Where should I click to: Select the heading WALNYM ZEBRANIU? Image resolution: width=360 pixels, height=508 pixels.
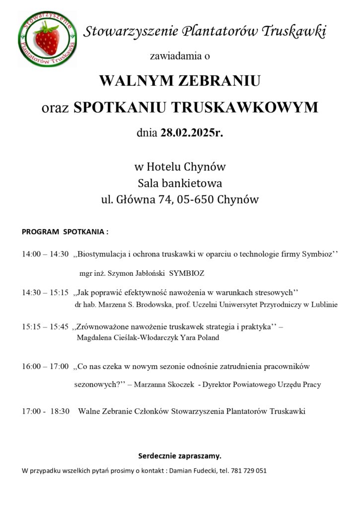(x=180, y=81)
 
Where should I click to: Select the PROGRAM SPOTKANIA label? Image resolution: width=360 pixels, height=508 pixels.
(x=65, y=232)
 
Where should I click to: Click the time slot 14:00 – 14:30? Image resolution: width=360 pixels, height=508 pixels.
(x=45, y=254)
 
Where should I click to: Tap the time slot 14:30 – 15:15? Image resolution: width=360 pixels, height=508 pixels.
(x=45, y=293)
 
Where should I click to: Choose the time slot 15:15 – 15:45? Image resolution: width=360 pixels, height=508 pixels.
(x=45, y=327)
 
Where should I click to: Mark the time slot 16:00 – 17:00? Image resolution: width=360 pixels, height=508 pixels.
(x=45, y=367)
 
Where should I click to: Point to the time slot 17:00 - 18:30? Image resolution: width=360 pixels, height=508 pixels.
(x=45, y=411)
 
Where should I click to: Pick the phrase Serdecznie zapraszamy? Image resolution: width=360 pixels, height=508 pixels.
(x=179, y=455)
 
